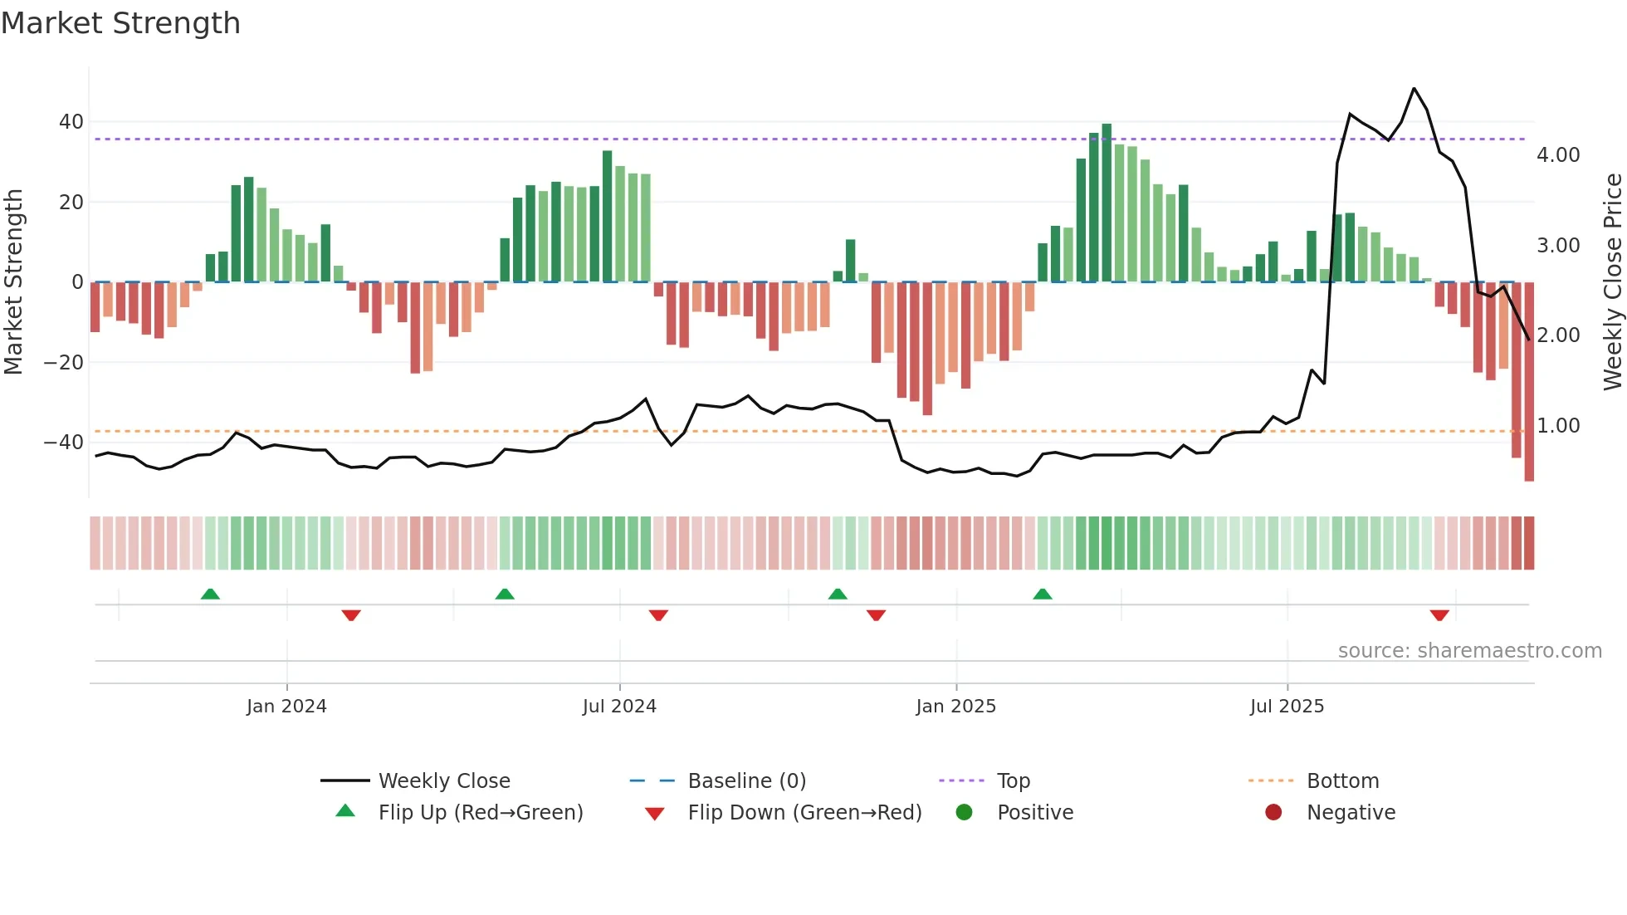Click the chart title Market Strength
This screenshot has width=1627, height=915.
120,23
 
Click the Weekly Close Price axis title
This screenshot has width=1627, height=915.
1612,281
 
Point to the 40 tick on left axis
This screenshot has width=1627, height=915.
71,122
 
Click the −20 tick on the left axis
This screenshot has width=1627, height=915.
64,363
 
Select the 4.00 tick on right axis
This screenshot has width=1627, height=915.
1558,155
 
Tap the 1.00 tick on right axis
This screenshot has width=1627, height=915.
1558,426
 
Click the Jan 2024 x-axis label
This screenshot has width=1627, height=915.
286,707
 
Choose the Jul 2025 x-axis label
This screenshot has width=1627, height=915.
1287,707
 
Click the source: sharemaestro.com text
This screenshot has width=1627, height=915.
1469,651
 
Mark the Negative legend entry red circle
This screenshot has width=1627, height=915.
1273,812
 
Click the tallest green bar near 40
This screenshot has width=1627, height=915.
1107,203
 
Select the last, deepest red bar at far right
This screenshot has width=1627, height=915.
1529,382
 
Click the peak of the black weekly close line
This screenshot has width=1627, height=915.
1414,89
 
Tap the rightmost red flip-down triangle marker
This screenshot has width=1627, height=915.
1439,615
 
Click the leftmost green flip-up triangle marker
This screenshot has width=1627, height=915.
210,594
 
